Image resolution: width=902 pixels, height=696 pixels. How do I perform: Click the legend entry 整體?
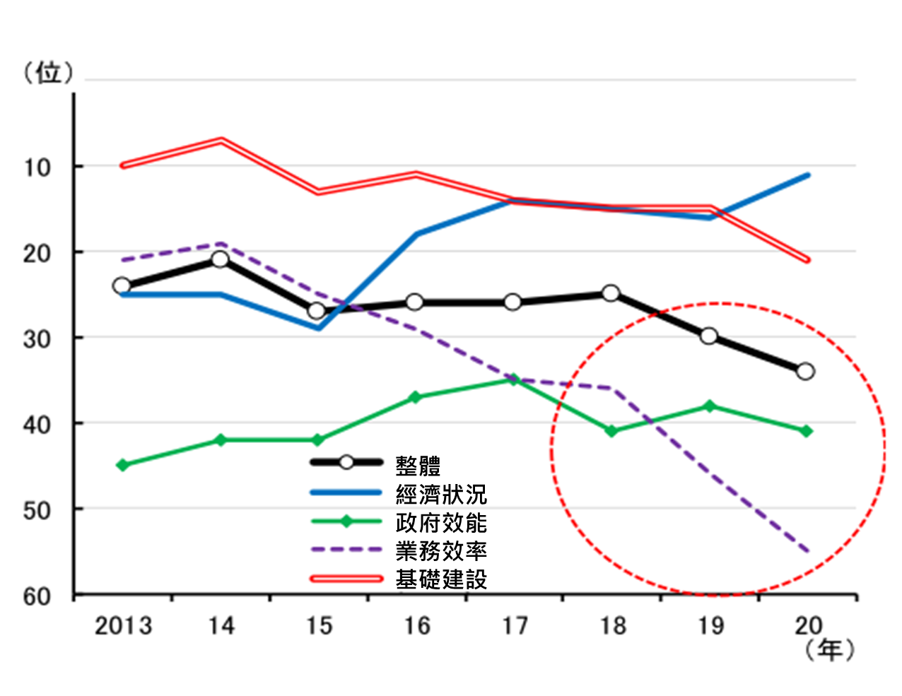click(x=418, y=465)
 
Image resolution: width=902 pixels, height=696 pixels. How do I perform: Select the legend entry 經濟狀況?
click(x=441, y=494)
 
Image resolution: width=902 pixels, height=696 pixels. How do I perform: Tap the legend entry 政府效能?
click(x=441, y=523)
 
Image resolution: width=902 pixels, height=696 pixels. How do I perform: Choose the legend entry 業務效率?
click(x=441, y=551)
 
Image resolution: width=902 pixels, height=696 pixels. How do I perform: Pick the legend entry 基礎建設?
click(x=441, y=579)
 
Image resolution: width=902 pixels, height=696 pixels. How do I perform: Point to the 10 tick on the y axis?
click(x=37, y=167)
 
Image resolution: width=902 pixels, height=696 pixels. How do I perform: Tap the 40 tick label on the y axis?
click(x=37, y=425)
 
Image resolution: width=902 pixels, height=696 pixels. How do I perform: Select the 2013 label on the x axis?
click(x=123, y=626)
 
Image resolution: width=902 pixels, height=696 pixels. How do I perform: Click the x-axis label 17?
click(x=515, y=626)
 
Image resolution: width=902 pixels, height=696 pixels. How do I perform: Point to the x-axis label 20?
click(x=808, y=626)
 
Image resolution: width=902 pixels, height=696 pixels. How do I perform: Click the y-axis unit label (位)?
click(x=48, y=72)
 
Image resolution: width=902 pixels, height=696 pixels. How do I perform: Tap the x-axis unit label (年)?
click(x=830, y=649)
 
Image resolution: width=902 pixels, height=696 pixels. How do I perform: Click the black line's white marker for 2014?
click(x=220, y=259)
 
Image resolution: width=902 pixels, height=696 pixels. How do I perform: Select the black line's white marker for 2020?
click(x=805, y=371)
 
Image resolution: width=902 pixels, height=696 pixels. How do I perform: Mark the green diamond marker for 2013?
click(x=122, y=465)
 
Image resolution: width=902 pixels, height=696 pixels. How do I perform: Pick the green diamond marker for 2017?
click(x=514, y=380)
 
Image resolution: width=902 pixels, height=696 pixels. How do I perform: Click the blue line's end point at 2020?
click(x=808, y=175)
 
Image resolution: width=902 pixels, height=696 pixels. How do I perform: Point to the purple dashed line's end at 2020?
click(x=807, y=550)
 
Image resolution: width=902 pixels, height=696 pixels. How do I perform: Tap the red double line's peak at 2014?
click(x=221, y=140)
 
